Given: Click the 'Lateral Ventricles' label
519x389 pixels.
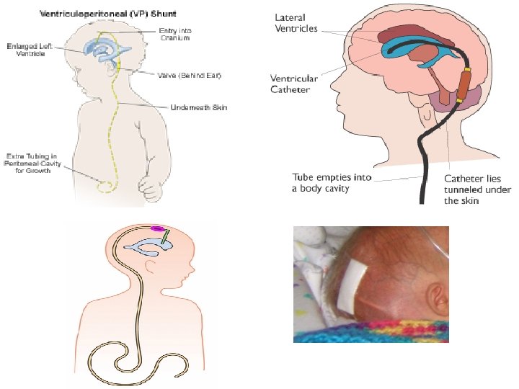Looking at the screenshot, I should (x=290, y=23).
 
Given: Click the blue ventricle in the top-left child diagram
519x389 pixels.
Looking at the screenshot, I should (x=105, y=49).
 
